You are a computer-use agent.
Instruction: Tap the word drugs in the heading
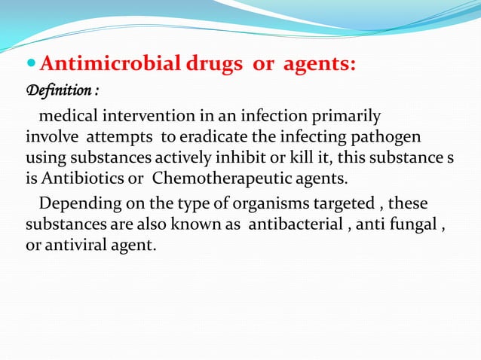click(x=210, y=66)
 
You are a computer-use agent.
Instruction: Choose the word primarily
click(x=345, y=117)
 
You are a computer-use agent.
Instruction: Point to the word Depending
click(x=78, y=203)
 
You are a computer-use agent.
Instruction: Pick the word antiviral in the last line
click(x=72, y=246)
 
